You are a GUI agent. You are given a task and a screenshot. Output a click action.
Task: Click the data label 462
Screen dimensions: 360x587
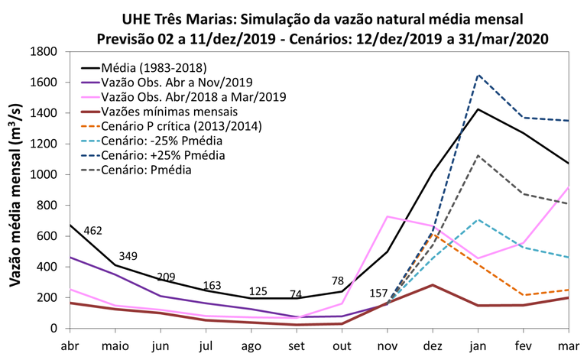[x=93, y=230]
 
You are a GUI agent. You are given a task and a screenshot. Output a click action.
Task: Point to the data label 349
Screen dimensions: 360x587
[x=128, y=256]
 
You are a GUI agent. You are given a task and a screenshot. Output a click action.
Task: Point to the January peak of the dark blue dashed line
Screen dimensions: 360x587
[x=479, y=75]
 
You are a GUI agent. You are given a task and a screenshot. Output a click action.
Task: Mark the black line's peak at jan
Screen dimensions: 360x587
[x=479, y=109]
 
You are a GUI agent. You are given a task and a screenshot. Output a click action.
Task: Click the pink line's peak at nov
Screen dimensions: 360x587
[x=388, y=216]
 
